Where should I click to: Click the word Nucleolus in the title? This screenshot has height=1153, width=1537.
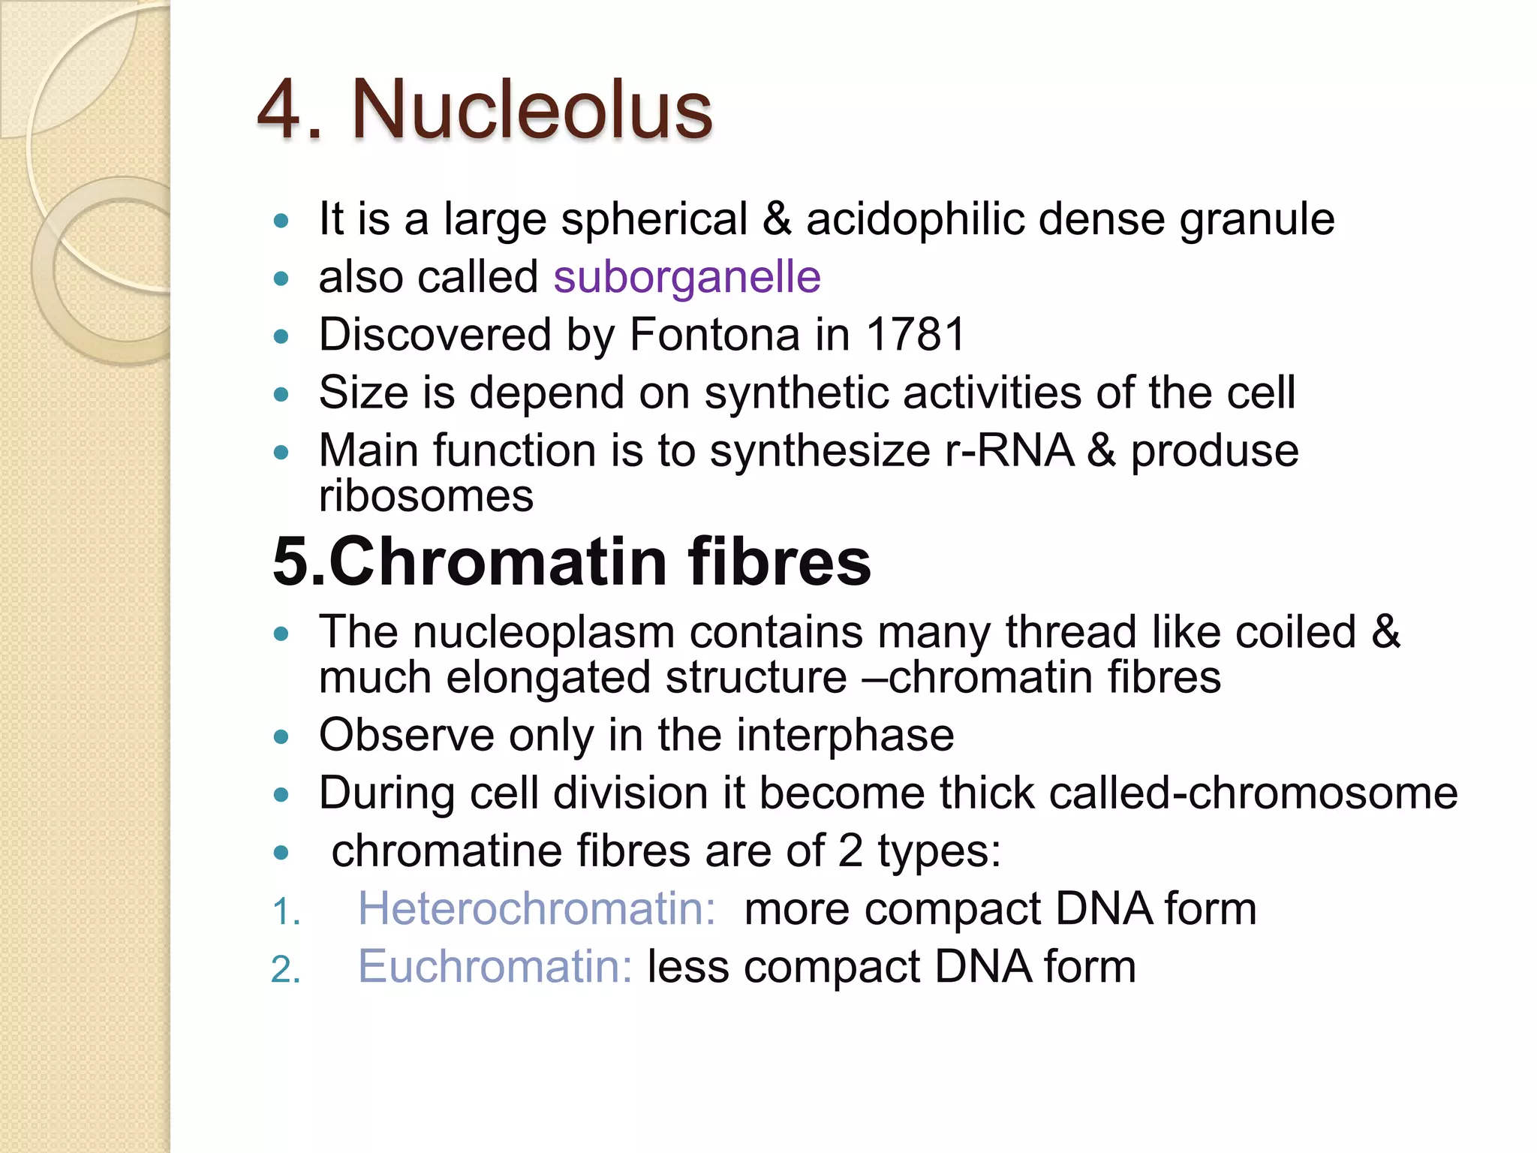[531, 110]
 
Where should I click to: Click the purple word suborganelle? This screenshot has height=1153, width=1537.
[687, 277]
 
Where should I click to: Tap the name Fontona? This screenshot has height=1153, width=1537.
[714, 335]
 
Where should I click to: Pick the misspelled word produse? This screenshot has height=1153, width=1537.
[1214, 452]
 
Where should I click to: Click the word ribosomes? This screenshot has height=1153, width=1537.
[426, 496]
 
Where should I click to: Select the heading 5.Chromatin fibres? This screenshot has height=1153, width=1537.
[571, 561]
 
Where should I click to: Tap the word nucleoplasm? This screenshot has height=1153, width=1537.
[543, 632]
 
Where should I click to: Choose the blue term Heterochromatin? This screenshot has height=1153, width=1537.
[537, 909]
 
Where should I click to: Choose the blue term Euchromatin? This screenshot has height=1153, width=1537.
[495, 967]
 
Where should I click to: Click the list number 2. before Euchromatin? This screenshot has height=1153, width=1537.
[285, 970]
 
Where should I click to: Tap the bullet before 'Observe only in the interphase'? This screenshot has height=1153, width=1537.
[281, 737]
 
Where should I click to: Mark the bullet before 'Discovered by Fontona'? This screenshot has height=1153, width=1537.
[281, 336]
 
